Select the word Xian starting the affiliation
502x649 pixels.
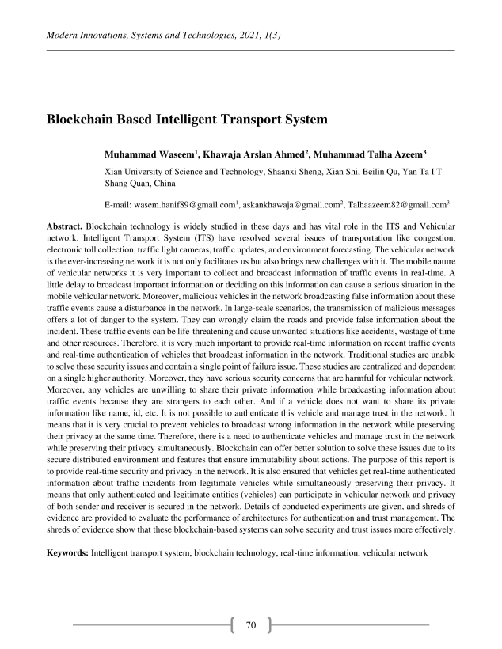[114, 171]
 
